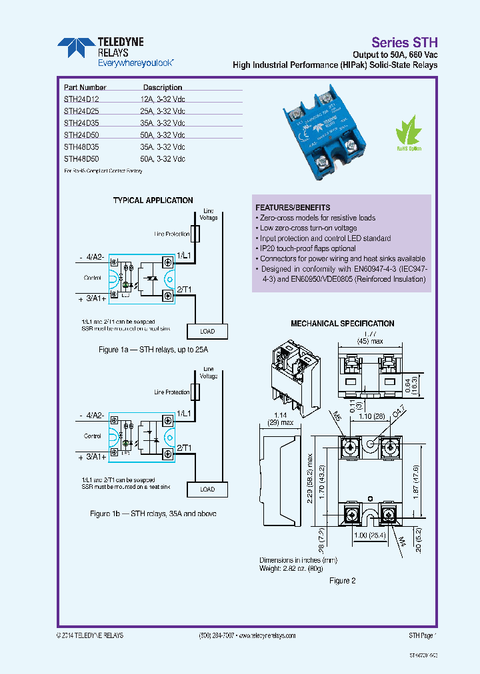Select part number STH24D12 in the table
tap(81, 99)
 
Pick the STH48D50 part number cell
tap(81, 159)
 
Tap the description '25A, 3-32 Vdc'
tap(162, 111)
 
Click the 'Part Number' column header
tap(85, 87)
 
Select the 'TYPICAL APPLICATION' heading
tap(153, 200)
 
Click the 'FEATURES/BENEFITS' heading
tap(293, 208)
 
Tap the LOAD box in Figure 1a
tap(207, 331)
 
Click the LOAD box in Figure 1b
tap(207, 489)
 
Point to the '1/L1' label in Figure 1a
tap(184, 256)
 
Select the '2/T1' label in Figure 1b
tap(184, 448)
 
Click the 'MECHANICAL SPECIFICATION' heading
tap(342, 324)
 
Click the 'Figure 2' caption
tap(343, 581)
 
